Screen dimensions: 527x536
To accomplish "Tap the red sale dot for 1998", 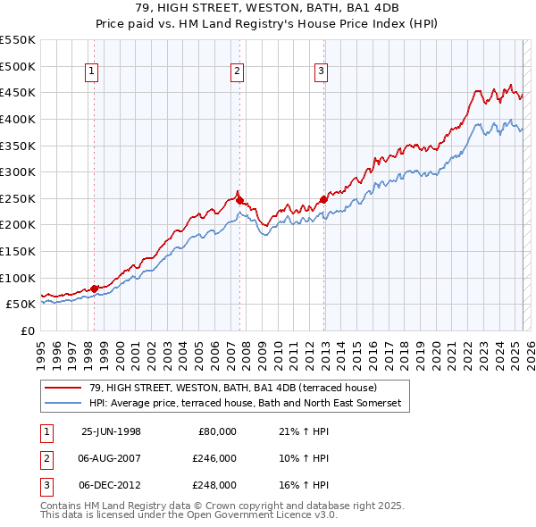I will (x=94, y=288).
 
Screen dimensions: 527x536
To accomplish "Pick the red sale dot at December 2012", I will (x=322, y=199).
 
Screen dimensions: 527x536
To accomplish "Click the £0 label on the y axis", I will (x=27, y=330).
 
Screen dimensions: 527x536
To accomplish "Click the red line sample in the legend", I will (x=63, y=388).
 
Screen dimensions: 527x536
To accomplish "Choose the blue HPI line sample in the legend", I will (x=63, y=404).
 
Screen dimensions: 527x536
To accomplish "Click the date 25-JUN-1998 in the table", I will (x=111, y=431).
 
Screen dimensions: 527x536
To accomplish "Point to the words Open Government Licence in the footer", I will (x=245, y=514).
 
